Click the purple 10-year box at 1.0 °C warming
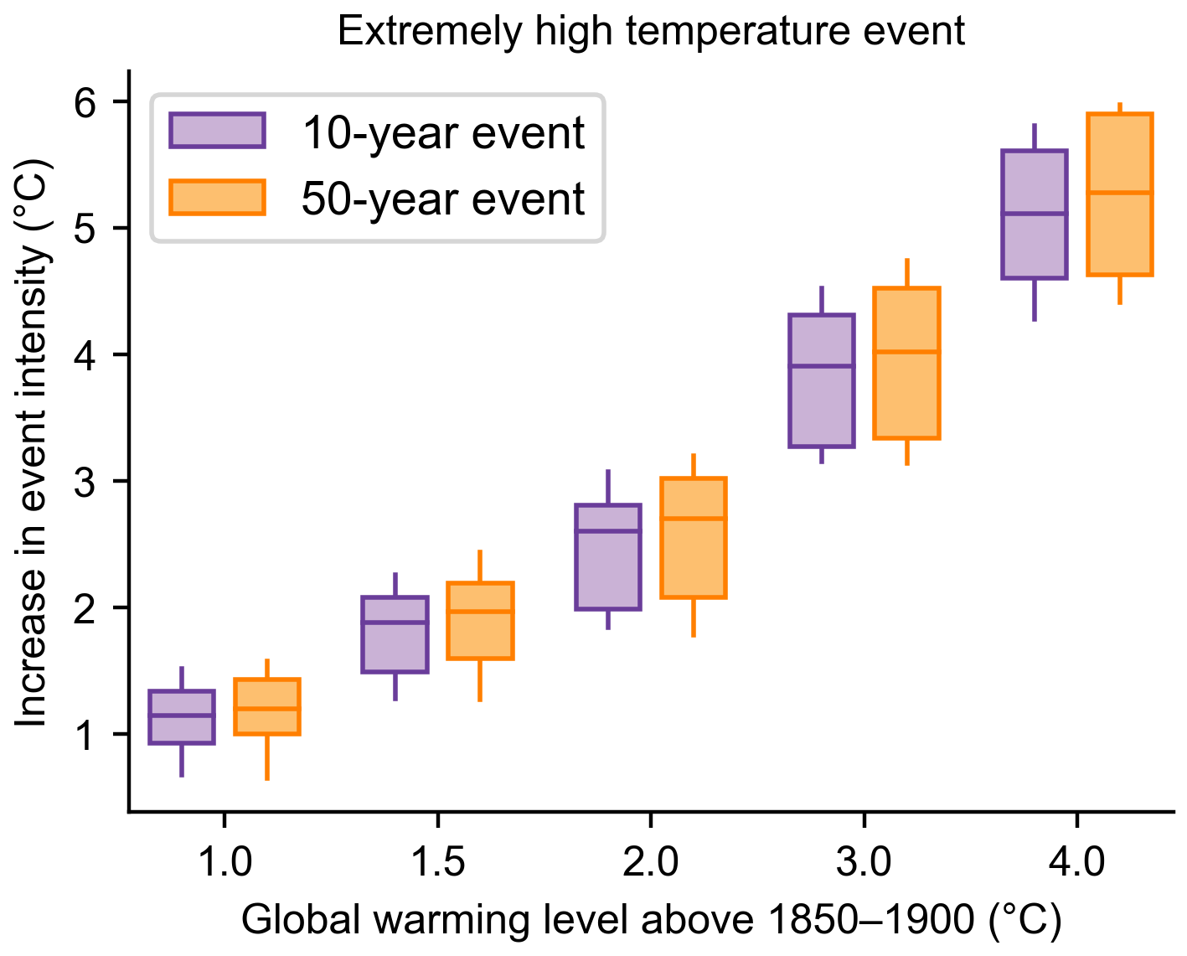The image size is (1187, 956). pyautogui.click(x=182, y=717)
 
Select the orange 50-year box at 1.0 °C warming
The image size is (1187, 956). pyautogui.click(x=267, y=707)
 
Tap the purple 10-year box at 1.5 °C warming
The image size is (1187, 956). pyautogui.click(x=395, y=634)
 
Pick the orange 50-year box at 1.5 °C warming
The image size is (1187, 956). pyautogui.click(x=480, y=621)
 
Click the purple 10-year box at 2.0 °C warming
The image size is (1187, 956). pyautogui.click(x=608, y=557)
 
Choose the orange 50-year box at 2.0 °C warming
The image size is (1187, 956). pyautogui.click(x=694, y=538)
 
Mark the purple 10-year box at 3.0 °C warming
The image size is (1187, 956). pyautogui.click(x=822, y=381)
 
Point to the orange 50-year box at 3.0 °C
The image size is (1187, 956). pyautogui.click(x=907, y=364)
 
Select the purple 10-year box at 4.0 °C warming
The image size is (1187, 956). pyautogui.click(x=1035, y=214)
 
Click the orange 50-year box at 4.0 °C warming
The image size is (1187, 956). pyautogui.click(x=1120, y=194)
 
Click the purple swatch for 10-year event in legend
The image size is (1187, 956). pyautogui.click(x=217, y=131)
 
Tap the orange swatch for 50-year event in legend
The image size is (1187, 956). pyautogui.click(x=217, y=198)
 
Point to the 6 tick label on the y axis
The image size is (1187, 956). pyautogui.click(x=87, y=101)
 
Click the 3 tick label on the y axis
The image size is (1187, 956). pyautogui.click(x=87, y=481)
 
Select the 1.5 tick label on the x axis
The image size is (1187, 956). pyautogui.click(x=438, y=861)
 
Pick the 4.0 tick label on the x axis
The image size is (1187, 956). pyautogui.click(x=1077, y=861)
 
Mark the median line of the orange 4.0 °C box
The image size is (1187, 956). pyautogui.click(x=1120, y=193)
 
